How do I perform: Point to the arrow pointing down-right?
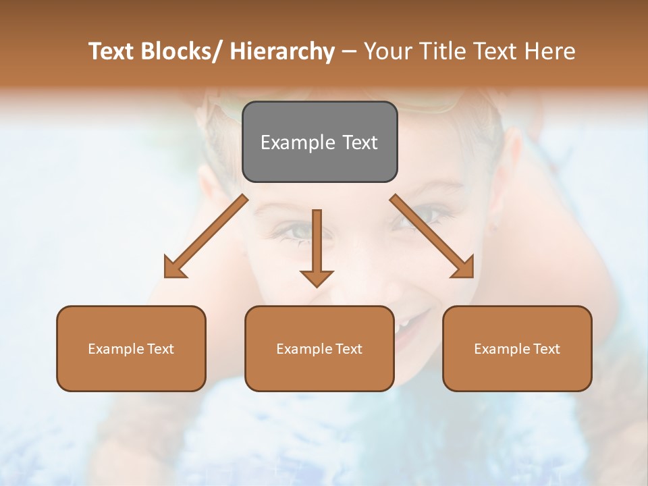[432, 236]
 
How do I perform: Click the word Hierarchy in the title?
[282, 51]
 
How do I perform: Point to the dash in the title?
[348, 52]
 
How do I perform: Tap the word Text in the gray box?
[360, 142]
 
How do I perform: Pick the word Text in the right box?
[546, 349]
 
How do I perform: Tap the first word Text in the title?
[111, 51]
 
